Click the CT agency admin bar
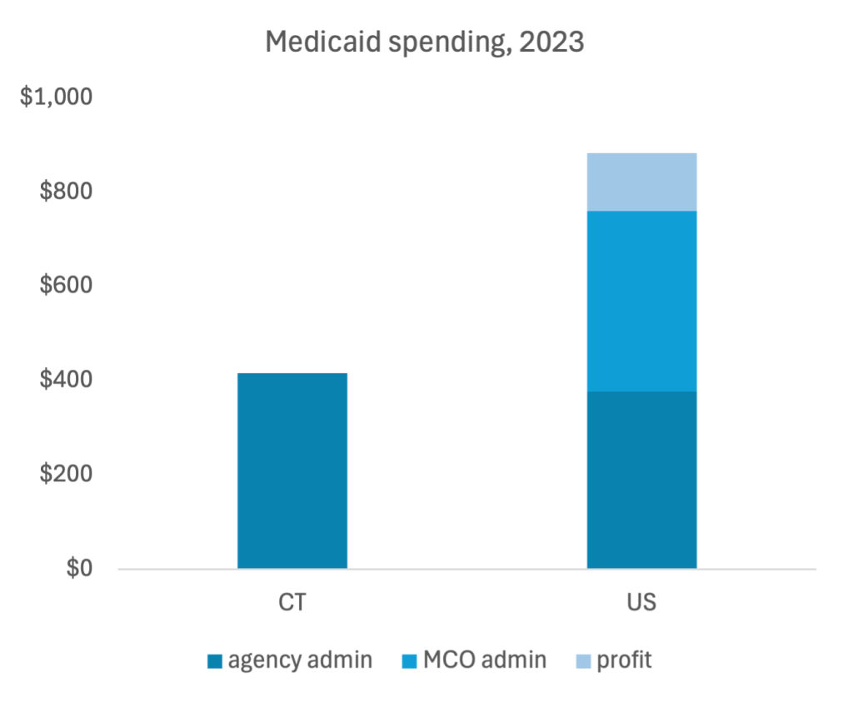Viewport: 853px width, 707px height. (x=292, y=471)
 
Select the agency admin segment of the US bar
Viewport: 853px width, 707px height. (x=641, y=480)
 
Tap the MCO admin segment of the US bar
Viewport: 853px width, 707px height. (x=641, y=301)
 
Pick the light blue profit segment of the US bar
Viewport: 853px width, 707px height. (x=641, y=182)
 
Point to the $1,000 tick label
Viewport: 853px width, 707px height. (x=55, y=97)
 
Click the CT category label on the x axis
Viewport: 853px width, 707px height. (x=292, y=601)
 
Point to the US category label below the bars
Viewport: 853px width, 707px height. (x=641, y=601)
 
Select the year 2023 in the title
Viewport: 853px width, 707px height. (x=550, y=42)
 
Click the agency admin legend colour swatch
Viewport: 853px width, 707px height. (x=214, y=662)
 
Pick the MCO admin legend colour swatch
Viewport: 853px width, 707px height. (x=410, y=662)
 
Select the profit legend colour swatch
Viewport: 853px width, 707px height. (x=583, y=662)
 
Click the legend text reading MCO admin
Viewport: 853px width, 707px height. (x=484, y=661)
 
